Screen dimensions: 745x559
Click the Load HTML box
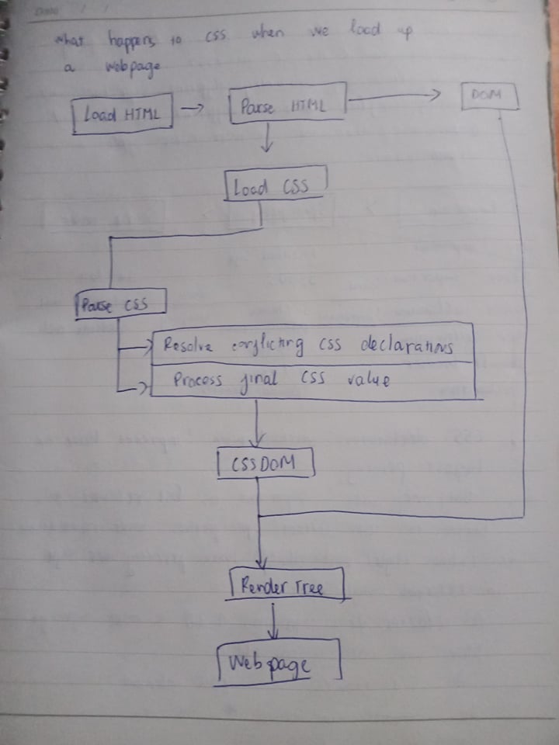[121, 114]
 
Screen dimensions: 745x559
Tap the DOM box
[490, 96]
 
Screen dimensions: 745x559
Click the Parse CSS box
[121, 304]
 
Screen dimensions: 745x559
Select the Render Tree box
[286, 586]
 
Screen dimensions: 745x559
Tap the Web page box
[279, 663]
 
